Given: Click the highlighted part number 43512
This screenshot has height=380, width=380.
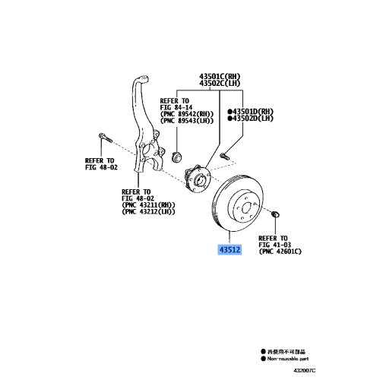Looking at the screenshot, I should coord(230,249).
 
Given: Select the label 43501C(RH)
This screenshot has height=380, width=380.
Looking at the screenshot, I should coord(220,77).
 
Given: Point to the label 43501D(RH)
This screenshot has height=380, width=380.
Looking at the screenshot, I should coord(254,111).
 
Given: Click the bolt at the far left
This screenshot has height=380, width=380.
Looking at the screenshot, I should coord(104,139).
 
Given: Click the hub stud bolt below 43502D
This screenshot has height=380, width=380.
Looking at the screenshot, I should coord(225,157).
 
